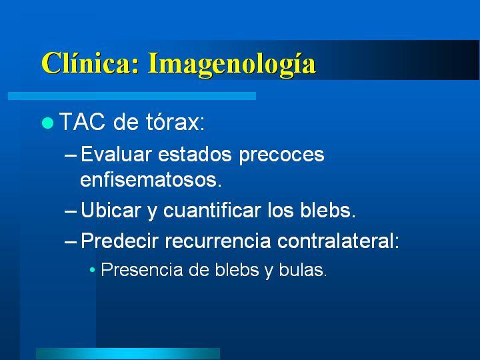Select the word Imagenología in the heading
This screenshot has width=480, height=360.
[x=232, y=65]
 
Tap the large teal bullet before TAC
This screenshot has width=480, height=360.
[x=47, y=123]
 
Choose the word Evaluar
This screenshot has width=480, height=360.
[x=116, y=154]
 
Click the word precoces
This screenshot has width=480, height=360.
[x=281, y=155]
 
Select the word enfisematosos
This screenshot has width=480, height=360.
[x=151, y=179]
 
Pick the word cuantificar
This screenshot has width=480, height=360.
[x=212, y=210]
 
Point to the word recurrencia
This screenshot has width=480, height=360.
[x=218, y=241]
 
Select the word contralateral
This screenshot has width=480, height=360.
[x=338, y=240]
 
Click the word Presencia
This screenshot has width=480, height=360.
[x=142, y=270]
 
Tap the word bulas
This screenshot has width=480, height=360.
[x=303, y=270]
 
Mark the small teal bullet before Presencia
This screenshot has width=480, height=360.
[x=93, y=270]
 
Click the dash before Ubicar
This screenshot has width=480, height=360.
[x=71, y=211]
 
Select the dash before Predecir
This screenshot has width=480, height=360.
[x=71, y=242]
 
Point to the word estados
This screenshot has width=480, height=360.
[x=195, y=154]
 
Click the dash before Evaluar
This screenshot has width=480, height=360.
[x=71, y=155]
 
